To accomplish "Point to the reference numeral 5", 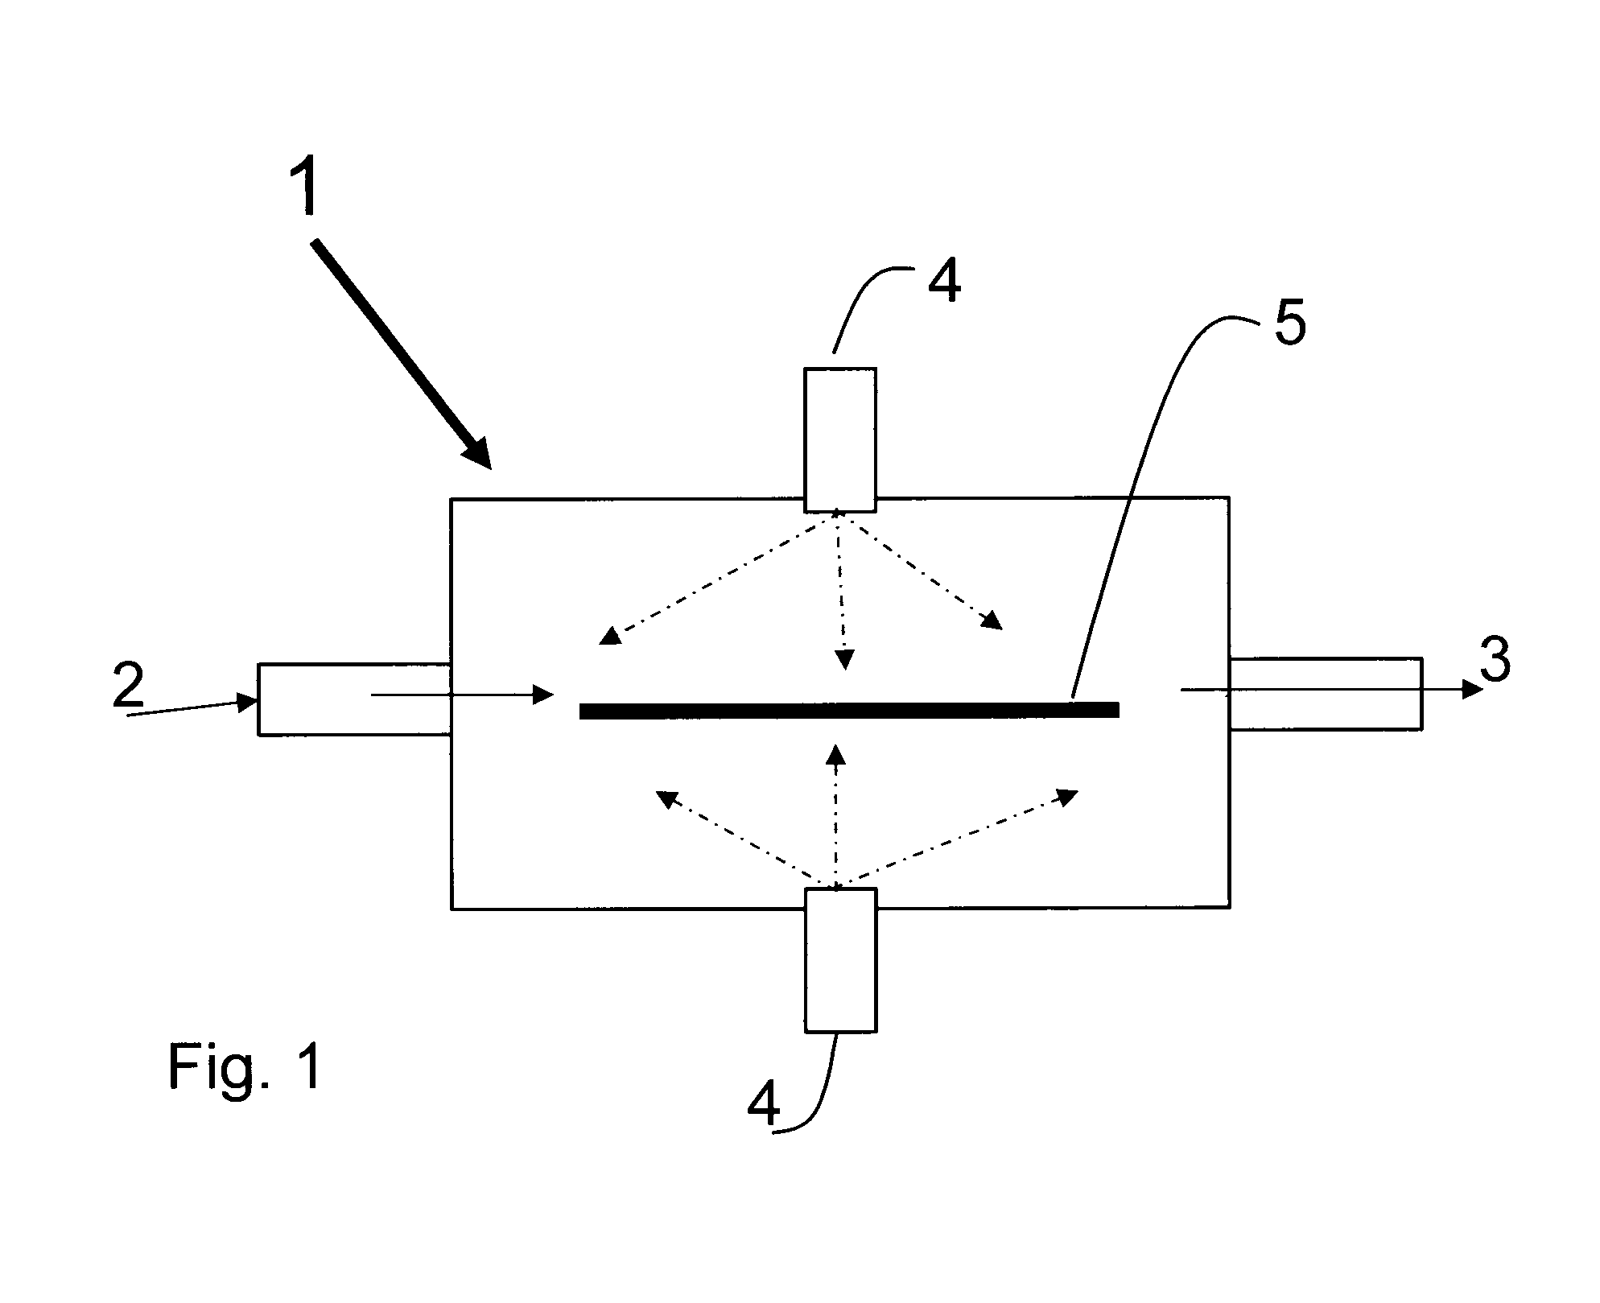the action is click(x=1289, y=323).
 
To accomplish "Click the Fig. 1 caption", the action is click(x=245, y=1066).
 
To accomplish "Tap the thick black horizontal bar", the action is click(x=849, y=710).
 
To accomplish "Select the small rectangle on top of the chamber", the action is click(x=840, y=439).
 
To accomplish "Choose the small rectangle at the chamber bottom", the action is click(x=840, y=960).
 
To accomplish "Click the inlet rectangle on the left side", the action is click(x=354, y=699).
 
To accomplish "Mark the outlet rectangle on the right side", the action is click(x=1326, y=694).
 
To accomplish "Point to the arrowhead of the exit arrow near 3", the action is click(x=1473, y=690).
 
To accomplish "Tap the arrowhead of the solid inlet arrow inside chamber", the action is click(x=544, y=694).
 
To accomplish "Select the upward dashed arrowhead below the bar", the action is click(x=836, y=754).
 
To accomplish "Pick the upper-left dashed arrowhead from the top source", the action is click(x=612, y=636).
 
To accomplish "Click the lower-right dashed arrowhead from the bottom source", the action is click(x=1067, y=796).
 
